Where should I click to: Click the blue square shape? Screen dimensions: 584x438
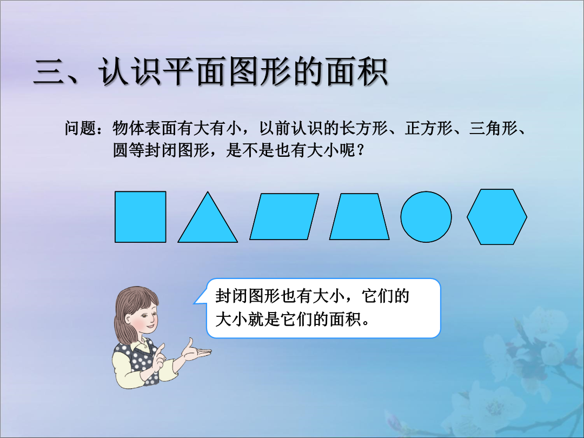(141, 217)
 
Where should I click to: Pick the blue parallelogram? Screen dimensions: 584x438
(284, 216)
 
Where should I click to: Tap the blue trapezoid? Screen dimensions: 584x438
(360, 216)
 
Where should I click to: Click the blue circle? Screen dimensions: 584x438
(426, 217)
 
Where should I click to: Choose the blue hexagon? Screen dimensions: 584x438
(497, 217)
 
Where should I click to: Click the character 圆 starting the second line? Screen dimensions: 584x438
(120, 150)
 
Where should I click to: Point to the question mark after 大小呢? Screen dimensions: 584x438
(360, 151)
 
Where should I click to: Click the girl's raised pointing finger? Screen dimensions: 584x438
(160, 349)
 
